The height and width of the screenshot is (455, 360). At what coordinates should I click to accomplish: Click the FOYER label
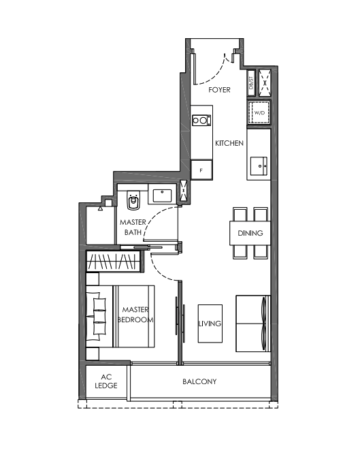[219, 90]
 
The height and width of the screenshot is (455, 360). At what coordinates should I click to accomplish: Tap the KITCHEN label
[229, 143]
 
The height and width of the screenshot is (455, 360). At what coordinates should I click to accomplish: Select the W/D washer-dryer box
[259, 112]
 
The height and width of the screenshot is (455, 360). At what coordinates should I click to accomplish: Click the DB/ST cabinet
[251, 82]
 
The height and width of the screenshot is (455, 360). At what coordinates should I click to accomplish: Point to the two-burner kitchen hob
[201, 120]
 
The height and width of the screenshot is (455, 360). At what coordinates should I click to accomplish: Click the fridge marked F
[201, 170]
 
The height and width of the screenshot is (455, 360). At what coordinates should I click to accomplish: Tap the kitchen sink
[259, 166]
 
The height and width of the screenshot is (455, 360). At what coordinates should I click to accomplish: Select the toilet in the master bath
[133, 200]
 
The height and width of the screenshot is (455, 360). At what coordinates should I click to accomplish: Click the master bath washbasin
[163, 195]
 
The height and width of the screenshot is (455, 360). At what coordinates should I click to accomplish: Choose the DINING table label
[250, 233]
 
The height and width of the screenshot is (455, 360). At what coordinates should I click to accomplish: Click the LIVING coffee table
[210, 324]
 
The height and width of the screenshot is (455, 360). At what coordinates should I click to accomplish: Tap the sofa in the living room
[253, 324]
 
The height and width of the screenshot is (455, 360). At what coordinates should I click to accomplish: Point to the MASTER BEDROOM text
[135, 315]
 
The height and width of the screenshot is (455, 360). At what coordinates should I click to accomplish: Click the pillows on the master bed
[97, 316]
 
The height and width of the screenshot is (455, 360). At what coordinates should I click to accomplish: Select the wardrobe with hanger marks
[114, 262]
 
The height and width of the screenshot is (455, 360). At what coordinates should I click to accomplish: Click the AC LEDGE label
[106, 381]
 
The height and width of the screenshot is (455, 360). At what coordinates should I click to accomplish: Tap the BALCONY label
[199, 381]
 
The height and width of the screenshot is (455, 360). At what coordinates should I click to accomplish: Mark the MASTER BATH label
[133, 227]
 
